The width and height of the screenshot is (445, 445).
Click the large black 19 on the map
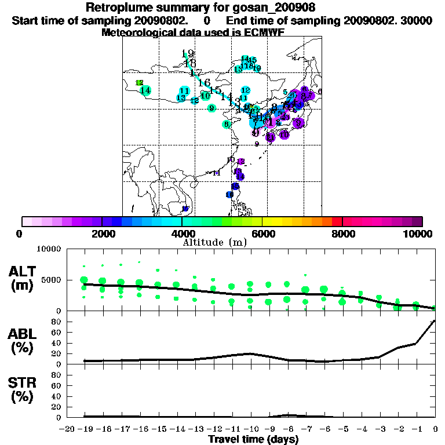(187, 54)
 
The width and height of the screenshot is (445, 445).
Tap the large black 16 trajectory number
(204, 83)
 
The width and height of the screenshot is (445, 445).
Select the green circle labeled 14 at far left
(145, 90)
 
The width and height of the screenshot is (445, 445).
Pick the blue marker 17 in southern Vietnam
(185, 209)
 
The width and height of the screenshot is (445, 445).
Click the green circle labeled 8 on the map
(227, 124)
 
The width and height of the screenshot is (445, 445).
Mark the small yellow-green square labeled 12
(139, 83)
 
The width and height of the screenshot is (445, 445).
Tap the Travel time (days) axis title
(253, 439)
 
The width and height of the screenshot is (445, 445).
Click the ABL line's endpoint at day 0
(435, 321)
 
